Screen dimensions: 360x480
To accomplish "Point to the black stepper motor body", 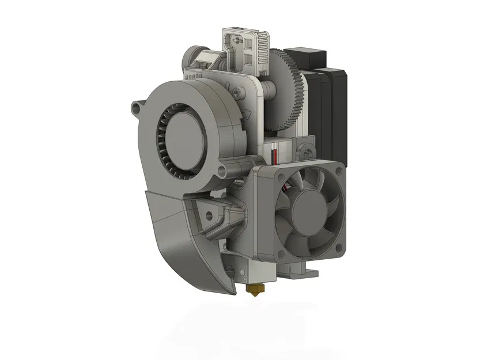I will click(331, 104).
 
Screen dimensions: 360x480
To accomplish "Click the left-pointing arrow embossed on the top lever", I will click(237, 41).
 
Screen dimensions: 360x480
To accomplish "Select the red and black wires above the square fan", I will click(275, 155).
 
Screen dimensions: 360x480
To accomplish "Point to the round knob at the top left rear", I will click(192, 58).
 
